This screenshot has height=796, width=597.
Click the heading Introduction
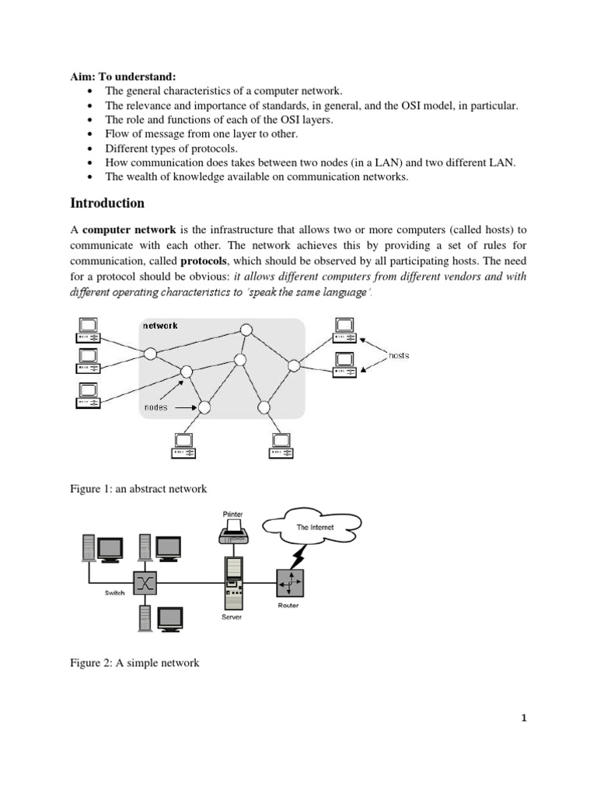[x=107, y=204]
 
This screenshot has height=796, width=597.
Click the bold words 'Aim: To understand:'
[x=124, y=77]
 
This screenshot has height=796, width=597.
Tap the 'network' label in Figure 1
[x=159, y=326]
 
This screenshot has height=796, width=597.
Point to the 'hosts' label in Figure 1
[x=398, y=355]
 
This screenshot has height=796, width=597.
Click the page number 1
[x=524, y=718]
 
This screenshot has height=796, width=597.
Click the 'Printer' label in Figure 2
[x=232, y=515]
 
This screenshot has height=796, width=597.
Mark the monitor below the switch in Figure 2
[x=169, y=617]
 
